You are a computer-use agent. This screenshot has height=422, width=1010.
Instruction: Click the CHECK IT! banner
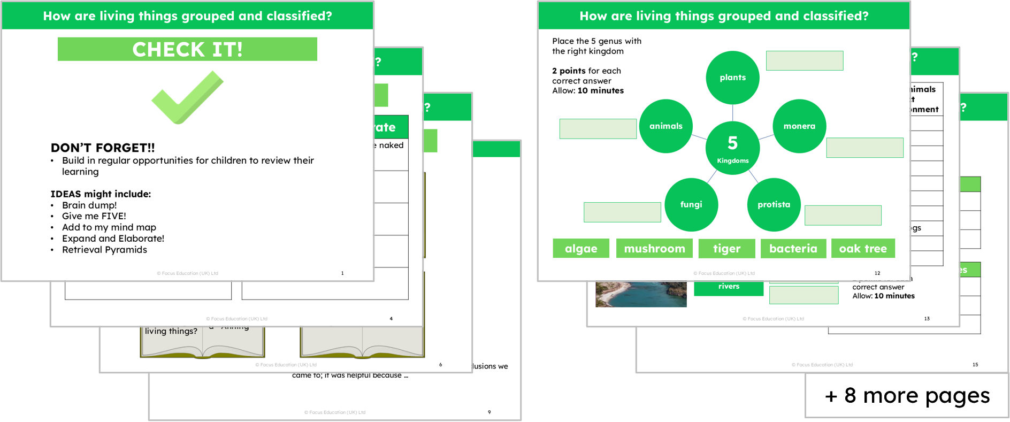pyautogui.click(x=187, y=49)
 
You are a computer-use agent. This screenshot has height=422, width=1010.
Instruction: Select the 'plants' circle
pyautogui.click(x=732, y=78)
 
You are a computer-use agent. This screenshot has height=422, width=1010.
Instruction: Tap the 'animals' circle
pyautogui.click(x=665, y=126)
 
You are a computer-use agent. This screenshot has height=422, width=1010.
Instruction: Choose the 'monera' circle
pyautogui.click(x=799, y=126)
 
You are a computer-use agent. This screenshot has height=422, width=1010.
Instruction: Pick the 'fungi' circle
pyautogui.click(x=691, y=204)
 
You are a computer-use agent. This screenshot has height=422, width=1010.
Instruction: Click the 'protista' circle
pyautogui.click(x=774, y=204)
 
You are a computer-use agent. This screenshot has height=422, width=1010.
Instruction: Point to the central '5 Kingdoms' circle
pyautogui.click(x=732, y=148)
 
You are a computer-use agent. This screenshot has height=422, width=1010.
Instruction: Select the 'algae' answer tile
pyautogui.click(x=581, y=248)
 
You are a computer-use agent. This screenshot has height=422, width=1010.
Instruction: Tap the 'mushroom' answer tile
pyautogui.click(x=654, y=248)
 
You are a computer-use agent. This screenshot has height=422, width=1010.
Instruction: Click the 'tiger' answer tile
pyautogui.click(x=726, y=248)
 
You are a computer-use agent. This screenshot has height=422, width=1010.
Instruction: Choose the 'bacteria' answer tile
pyautogui.click(x=793, y=248)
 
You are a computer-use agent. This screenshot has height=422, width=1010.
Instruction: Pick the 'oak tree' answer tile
pyautogui.click(x=863, y=248)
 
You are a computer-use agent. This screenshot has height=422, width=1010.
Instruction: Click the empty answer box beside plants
pyautogui.click(x=804, y=60)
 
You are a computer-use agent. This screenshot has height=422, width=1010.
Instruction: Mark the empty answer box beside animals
pyautogui.click(x=598, y=129)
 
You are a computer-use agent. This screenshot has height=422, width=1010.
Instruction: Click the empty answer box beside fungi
pyautogui.click(x=622, y=212)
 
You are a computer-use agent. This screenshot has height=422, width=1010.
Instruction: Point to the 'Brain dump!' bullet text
pyautogui.click(x=89, y=205)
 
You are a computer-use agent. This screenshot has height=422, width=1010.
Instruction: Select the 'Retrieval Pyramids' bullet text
pyautogui.click(x=104, y=250)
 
